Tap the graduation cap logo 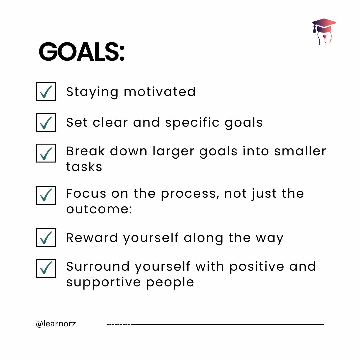tap(324, 32)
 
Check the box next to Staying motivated tap(46, 92)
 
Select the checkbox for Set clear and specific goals tap(46, 122)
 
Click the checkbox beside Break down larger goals tap(46, 153)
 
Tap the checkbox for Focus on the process tap(46, 195)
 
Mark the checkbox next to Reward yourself tap(46, 238)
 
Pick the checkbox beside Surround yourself tap(46, 268)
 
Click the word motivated tap(160, 92)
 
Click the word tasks tap(84, 167)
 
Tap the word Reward tap(92, 238)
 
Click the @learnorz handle tap(56, 324)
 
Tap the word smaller tap(300, 151)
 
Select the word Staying tap(92, 92)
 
